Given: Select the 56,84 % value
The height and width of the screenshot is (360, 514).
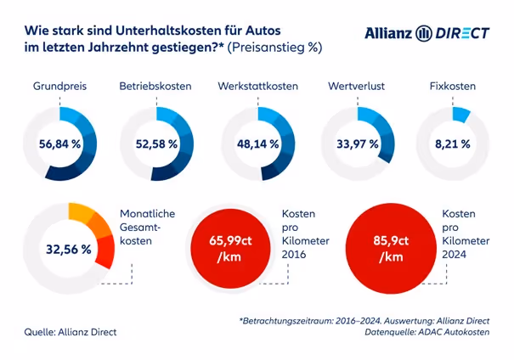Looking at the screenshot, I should pos(59,144).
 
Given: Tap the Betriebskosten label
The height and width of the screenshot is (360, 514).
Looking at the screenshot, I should pos(155,87).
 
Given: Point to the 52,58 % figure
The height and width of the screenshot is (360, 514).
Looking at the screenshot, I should pos(156,144).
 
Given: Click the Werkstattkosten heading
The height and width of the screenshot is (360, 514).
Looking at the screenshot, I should pos(257,87).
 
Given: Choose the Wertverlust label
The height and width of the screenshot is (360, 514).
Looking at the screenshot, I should pos(358,87).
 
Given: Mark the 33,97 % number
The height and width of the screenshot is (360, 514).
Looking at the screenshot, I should pos(358,144).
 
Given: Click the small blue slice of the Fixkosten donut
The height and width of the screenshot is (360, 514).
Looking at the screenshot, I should pos(462,113).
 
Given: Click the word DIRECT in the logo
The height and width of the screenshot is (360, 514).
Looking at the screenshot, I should pos(462,33).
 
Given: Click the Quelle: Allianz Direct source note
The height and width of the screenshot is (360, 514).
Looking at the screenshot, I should pos(70,331).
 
